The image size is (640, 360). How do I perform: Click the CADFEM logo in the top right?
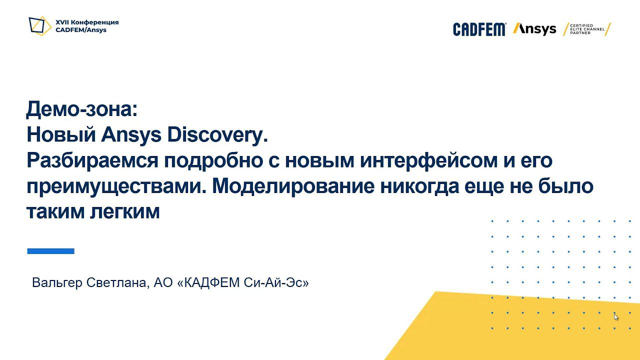[479, 29]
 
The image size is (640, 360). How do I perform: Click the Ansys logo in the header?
[534, 29]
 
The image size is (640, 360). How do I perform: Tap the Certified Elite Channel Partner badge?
[587, 29]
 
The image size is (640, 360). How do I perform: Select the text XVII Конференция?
[87, 22]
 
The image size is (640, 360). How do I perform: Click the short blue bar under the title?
[50, 251]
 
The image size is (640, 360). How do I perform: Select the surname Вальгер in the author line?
[57, 283]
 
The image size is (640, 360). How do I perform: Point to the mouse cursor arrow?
[615, 316]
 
